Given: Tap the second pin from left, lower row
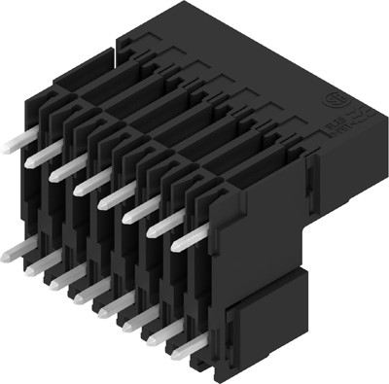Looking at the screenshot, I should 36,266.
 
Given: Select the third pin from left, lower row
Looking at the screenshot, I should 58,280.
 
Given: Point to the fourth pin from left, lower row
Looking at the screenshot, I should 82,294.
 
